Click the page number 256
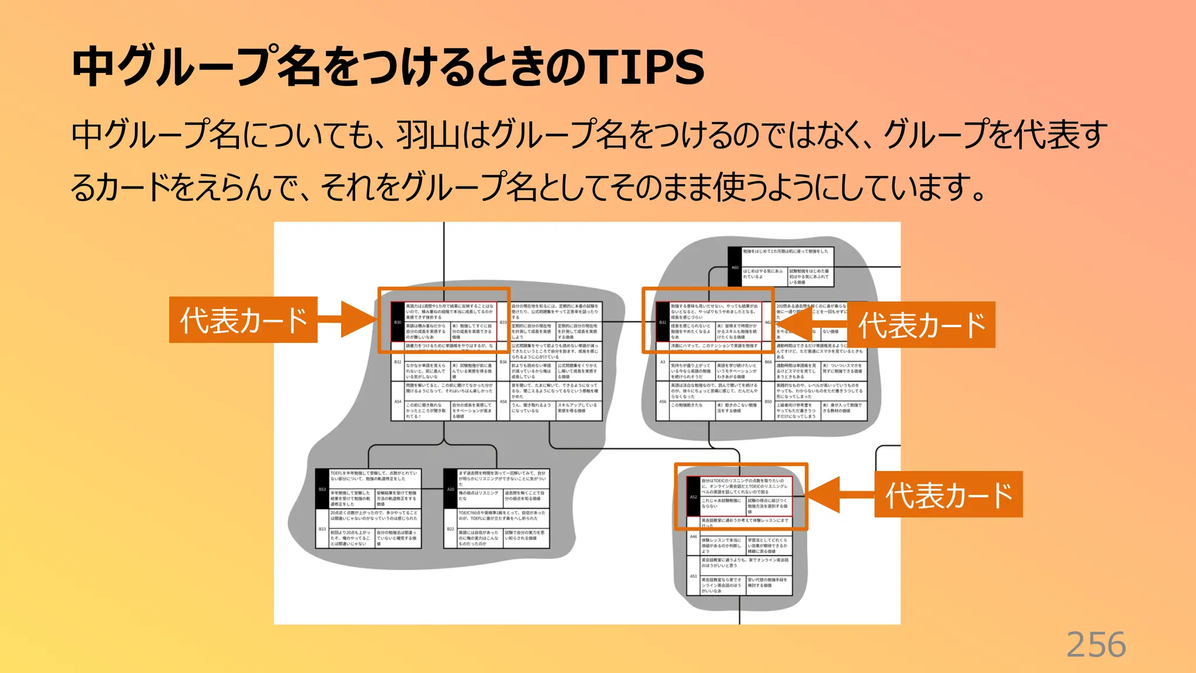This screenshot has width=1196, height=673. tap(1096, 645)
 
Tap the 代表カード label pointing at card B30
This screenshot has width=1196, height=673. tap(243, 320)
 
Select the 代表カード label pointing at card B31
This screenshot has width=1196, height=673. tap(921, 325)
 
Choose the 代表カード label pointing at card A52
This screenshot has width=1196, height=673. tap(948, 494)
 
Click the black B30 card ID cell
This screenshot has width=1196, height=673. tap(398, 322)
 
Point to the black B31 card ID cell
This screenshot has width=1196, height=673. tap(662, 322)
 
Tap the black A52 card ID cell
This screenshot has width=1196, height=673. tap(693, 497)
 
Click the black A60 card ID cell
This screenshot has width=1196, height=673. tap(735, 267)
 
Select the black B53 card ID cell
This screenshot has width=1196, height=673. tap(322, 489)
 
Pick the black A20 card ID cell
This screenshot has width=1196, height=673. tap(450, 489)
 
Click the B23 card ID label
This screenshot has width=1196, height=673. tap(322, 529)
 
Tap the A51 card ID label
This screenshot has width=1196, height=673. tap(693, 576)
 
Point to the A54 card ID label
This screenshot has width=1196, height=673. tap(398, 402)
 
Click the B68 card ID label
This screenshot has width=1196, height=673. tap(768, 362)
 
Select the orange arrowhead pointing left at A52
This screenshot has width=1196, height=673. tap(823, 495)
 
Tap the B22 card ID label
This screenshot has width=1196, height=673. tap(450, 529)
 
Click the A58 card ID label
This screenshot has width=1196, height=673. tap(503, 402)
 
